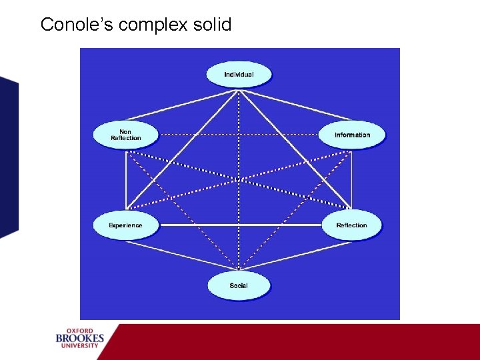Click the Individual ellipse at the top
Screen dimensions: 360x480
click(239, 74)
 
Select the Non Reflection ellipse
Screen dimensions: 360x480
click(125, 135)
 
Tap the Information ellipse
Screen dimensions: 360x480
click(352, 135)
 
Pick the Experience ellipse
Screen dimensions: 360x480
click(125, 225)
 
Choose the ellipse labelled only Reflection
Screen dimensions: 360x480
click(351, 225)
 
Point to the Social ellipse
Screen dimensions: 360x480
click(239, 285)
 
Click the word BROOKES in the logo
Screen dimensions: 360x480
click(80, 339)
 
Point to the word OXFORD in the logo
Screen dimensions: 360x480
click(80, 330)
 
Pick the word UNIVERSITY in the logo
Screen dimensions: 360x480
click(80, 347)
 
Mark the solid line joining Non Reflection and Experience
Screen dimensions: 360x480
click(125, 180)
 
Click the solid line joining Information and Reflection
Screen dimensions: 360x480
click(352, 180)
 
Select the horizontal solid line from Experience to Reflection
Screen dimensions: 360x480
click(239, 225)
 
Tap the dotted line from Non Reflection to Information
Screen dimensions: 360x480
click(239, 135)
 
